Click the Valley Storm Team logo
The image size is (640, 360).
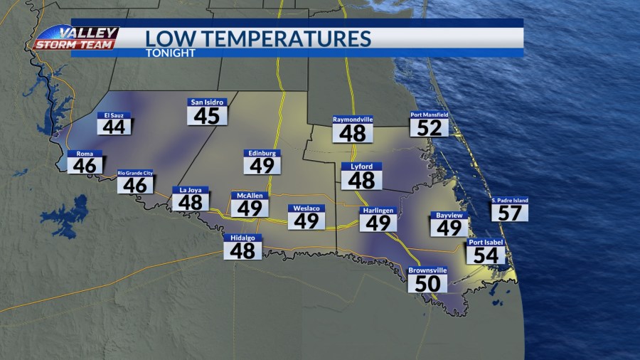[x=76, y=38]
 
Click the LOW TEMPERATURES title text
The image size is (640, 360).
[x=258, y=38]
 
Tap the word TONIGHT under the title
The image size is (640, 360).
[x=170, y=53]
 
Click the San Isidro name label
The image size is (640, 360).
[x=207, y=102]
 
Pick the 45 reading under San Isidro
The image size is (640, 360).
[x=207, y=115]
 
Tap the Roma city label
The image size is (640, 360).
[x=85, y=153]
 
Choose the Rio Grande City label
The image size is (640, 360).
[x=135, y=173]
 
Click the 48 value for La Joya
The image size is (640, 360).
[x=191, y=202]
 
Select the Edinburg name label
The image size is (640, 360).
[x=262, y=152]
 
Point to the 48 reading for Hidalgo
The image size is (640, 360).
[x=243, y=250]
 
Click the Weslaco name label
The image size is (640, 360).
[x=306, y=208]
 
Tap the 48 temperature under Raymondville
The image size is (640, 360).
[x=353, y=133]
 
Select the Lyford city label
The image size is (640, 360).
[x=361, y=166]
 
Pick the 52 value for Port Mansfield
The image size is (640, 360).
[x=429, y=128]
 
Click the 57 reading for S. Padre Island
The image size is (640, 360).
[x=510, y=212]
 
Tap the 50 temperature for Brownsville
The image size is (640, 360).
[x=427, y=284]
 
